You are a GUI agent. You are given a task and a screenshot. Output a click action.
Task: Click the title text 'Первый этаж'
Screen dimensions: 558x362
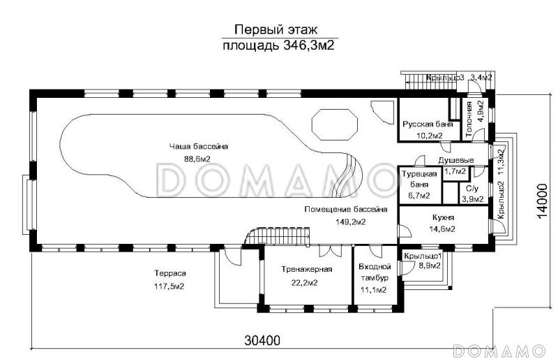276,29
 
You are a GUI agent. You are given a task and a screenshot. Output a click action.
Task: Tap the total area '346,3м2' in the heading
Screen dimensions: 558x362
309,45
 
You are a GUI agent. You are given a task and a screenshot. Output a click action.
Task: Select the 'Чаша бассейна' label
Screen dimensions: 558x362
199,146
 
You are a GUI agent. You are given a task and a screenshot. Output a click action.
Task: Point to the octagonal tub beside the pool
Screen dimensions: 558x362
335,124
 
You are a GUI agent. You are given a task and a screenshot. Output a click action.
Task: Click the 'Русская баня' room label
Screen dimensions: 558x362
428,124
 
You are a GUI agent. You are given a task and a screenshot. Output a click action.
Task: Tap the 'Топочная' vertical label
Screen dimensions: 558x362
469,120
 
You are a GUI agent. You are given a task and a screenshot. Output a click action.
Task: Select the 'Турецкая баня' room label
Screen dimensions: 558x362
419,180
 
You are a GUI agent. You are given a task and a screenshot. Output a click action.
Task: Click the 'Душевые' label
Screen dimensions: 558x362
456,160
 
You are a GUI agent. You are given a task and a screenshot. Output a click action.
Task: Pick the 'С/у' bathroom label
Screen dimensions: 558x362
472,188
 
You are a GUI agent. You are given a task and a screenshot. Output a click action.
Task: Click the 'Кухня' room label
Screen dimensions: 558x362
443,217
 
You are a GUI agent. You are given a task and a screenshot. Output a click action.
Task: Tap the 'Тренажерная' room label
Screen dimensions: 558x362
307,269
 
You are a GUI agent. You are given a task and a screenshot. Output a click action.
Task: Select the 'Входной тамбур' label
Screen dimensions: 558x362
375,272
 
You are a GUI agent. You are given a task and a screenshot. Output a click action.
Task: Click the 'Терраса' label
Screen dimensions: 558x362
170,273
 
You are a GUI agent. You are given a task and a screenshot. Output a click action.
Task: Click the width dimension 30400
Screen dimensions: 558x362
262,340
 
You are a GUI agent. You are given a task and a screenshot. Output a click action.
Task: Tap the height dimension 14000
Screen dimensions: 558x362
542,201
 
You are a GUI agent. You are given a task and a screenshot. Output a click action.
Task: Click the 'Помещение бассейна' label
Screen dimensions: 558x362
345,210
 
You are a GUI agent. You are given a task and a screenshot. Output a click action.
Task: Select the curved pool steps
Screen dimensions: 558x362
345,175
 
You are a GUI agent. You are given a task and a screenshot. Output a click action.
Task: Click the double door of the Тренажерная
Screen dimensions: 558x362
330,251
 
